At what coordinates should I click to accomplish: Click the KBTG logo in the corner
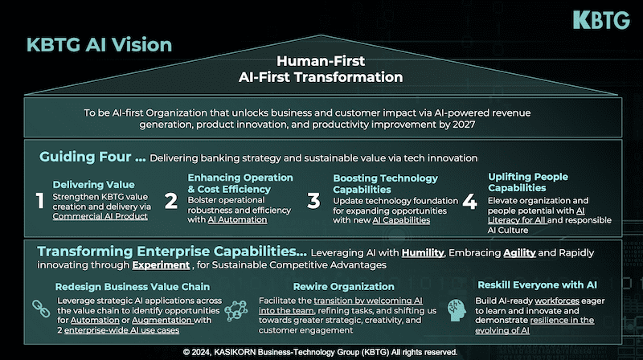click(601, 20)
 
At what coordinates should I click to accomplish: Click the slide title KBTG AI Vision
click(99, 45)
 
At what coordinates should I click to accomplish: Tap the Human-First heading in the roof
click(321, 61)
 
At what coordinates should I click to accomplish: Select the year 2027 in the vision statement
click(464, 125)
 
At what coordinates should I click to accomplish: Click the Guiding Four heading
click(92, 157)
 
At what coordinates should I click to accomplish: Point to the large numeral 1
click(39, 201)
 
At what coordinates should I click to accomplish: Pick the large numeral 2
click(171, 201)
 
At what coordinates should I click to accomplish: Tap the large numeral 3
click(313, 201)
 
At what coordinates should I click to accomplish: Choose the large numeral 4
click(470, 202)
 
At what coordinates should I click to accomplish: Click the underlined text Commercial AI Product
click(100, 216)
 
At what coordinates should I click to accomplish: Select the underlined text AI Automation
click(237, 219)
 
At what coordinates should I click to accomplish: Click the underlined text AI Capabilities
click(401, 221)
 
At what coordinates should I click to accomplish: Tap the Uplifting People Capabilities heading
click(528, 182)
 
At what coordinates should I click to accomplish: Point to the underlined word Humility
click(423, 253)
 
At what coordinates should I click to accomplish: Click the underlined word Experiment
click(161, 265)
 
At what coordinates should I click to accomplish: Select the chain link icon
click(41, 309)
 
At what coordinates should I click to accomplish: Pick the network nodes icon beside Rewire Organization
click(236, 310)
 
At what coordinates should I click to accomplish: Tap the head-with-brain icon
click(457, 310)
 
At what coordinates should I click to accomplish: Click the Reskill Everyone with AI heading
click(537, 285)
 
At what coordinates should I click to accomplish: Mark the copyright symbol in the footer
click(186, 352)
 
